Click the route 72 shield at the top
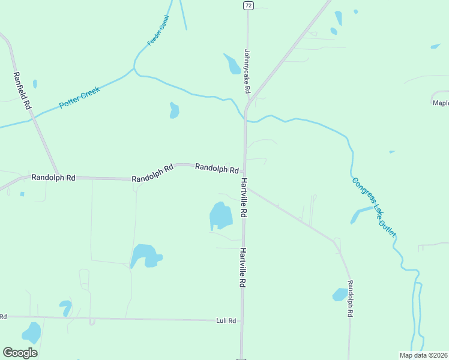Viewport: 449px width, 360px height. tap(247, 5)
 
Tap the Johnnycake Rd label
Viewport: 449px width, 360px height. tap(246, 71)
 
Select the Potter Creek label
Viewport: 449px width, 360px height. tap(79, 98)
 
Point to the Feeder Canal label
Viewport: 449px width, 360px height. tap(158, 31)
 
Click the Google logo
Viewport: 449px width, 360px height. tap(20, 353)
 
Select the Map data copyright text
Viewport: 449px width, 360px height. tap(424, 355)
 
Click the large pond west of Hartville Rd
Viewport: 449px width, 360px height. tap(220, 215)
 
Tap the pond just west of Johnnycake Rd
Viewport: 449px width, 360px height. tap(232, 64)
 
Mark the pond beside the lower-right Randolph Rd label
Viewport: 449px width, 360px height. tap(340, 295)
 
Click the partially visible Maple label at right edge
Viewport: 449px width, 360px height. tap(441, 103)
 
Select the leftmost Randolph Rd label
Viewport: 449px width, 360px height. tap(53, 178)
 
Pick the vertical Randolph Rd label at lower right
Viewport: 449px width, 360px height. tap(349, 299)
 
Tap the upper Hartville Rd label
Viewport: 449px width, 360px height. tap(244, 197)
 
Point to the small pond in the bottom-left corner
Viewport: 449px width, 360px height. tap(31, 332)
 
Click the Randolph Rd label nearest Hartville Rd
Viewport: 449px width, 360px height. tap(217, 169)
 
